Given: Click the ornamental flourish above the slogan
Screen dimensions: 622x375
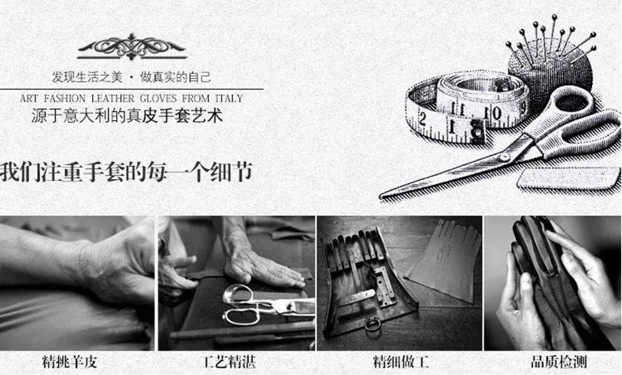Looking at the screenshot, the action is coord(132,47).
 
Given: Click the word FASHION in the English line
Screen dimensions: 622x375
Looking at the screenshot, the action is coord(65,98).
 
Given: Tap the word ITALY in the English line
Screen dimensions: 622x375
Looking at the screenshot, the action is coord(229,98).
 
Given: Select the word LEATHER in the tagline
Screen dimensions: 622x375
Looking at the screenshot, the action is coord(113,98).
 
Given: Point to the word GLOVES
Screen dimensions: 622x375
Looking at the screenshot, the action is coord(158,98).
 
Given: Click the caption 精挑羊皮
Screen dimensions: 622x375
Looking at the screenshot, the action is coord(70,362).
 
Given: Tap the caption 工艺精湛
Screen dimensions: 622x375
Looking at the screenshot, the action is coord(229,362).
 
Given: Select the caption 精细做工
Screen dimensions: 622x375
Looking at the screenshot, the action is coord(401,362).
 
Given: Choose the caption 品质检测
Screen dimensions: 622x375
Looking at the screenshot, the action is coord(559,362).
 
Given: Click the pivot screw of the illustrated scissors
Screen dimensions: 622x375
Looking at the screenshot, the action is coord(505,157).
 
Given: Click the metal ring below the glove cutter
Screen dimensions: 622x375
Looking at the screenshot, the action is coord(373,325).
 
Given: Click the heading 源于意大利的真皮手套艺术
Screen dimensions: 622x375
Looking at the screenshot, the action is coord(127,116).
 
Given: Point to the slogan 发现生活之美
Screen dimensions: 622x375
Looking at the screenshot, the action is coord(87,77).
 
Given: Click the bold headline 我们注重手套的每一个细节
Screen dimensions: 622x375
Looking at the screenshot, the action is coord(126,172).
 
